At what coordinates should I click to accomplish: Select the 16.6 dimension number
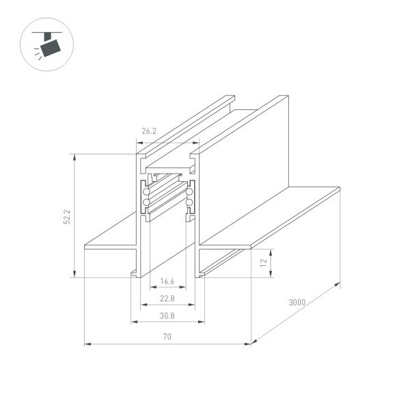click(x=167, y=281)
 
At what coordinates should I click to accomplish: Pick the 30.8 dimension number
click(x=167, y=316)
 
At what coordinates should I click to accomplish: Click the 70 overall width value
click(x=167, y=336)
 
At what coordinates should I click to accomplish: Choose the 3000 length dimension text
click(x=297, y=302)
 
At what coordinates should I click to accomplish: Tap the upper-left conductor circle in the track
click(x=146, y=193)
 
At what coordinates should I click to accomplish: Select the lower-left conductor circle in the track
click(x=146, y=204)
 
